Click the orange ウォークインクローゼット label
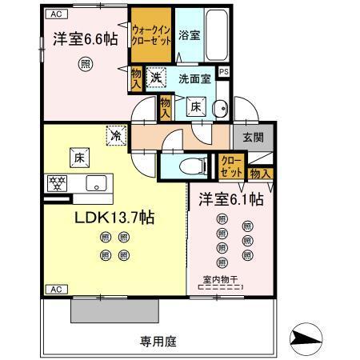[151, 35]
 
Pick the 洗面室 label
[194, 78]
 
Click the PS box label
[224, 71]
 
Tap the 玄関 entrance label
[253, 138]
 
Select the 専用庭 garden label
[158, 342]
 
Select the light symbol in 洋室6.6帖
[83, 66]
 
